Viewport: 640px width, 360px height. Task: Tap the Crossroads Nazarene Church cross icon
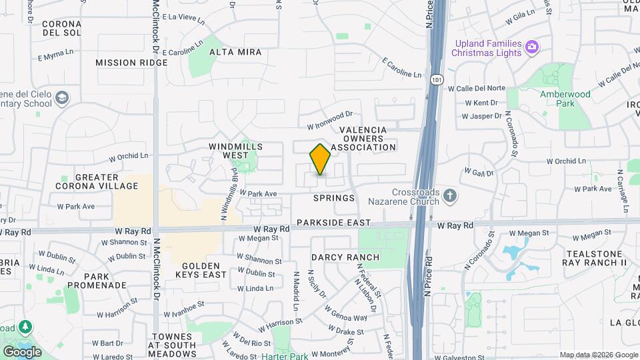(x=450, y=195)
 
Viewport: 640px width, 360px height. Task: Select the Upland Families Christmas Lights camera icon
(x=532, y=47)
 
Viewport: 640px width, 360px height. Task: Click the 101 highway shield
(x=436, y=79)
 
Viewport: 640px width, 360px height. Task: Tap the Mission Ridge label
(x=131, y=63)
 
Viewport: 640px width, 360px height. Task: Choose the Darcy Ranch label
(x=345, y=257)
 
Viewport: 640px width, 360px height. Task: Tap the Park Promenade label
(x=105, y=281)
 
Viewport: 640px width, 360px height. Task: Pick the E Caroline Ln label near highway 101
(x=402, y=69)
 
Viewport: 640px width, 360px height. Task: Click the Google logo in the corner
(x=22, y=351)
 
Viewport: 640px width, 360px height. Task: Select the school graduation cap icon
(x=62, y=99)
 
